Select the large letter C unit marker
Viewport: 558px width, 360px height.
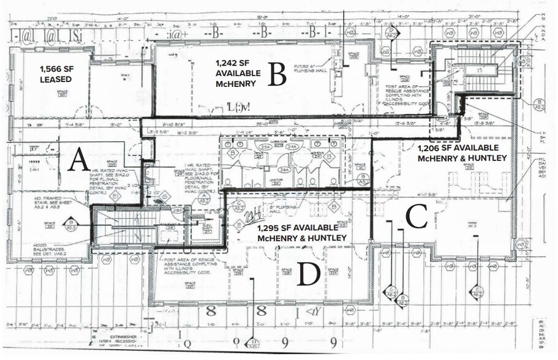417,216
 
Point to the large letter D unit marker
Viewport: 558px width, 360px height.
307,274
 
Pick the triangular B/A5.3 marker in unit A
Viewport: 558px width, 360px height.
72,223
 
